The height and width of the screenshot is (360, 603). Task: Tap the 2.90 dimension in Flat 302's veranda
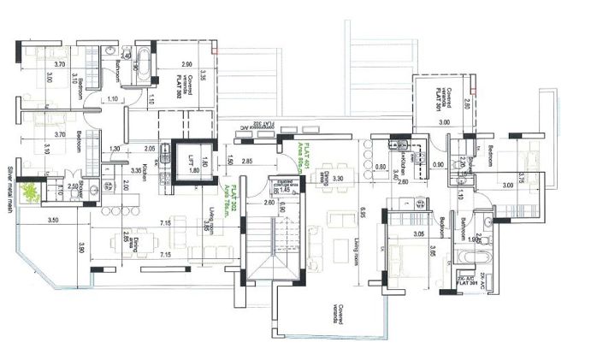click(x=186, y=64)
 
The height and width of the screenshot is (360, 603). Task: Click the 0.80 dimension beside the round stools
click(x=380, y=168)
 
